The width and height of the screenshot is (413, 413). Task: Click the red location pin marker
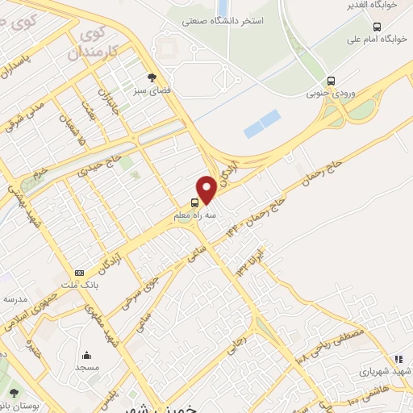(x=206, y=189)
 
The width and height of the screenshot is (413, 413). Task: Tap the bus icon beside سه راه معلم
(x=194, y=203)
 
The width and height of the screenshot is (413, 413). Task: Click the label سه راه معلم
(x=195, y=215)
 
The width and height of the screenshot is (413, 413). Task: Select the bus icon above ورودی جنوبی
(x=332, y=81)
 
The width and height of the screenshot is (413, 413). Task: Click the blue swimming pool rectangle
(x=262, y=123)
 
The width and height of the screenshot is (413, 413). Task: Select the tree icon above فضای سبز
(x=139, y=77)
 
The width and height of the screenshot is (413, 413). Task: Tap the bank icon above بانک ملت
(x=78, y=273)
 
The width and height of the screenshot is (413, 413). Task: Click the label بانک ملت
(x=79, y=285)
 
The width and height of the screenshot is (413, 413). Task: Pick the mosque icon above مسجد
(x=86, y=355)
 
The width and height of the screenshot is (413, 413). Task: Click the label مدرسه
(x=15, y=298)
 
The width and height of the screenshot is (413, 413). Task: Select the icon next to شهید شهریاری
(x=398, y=359)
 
